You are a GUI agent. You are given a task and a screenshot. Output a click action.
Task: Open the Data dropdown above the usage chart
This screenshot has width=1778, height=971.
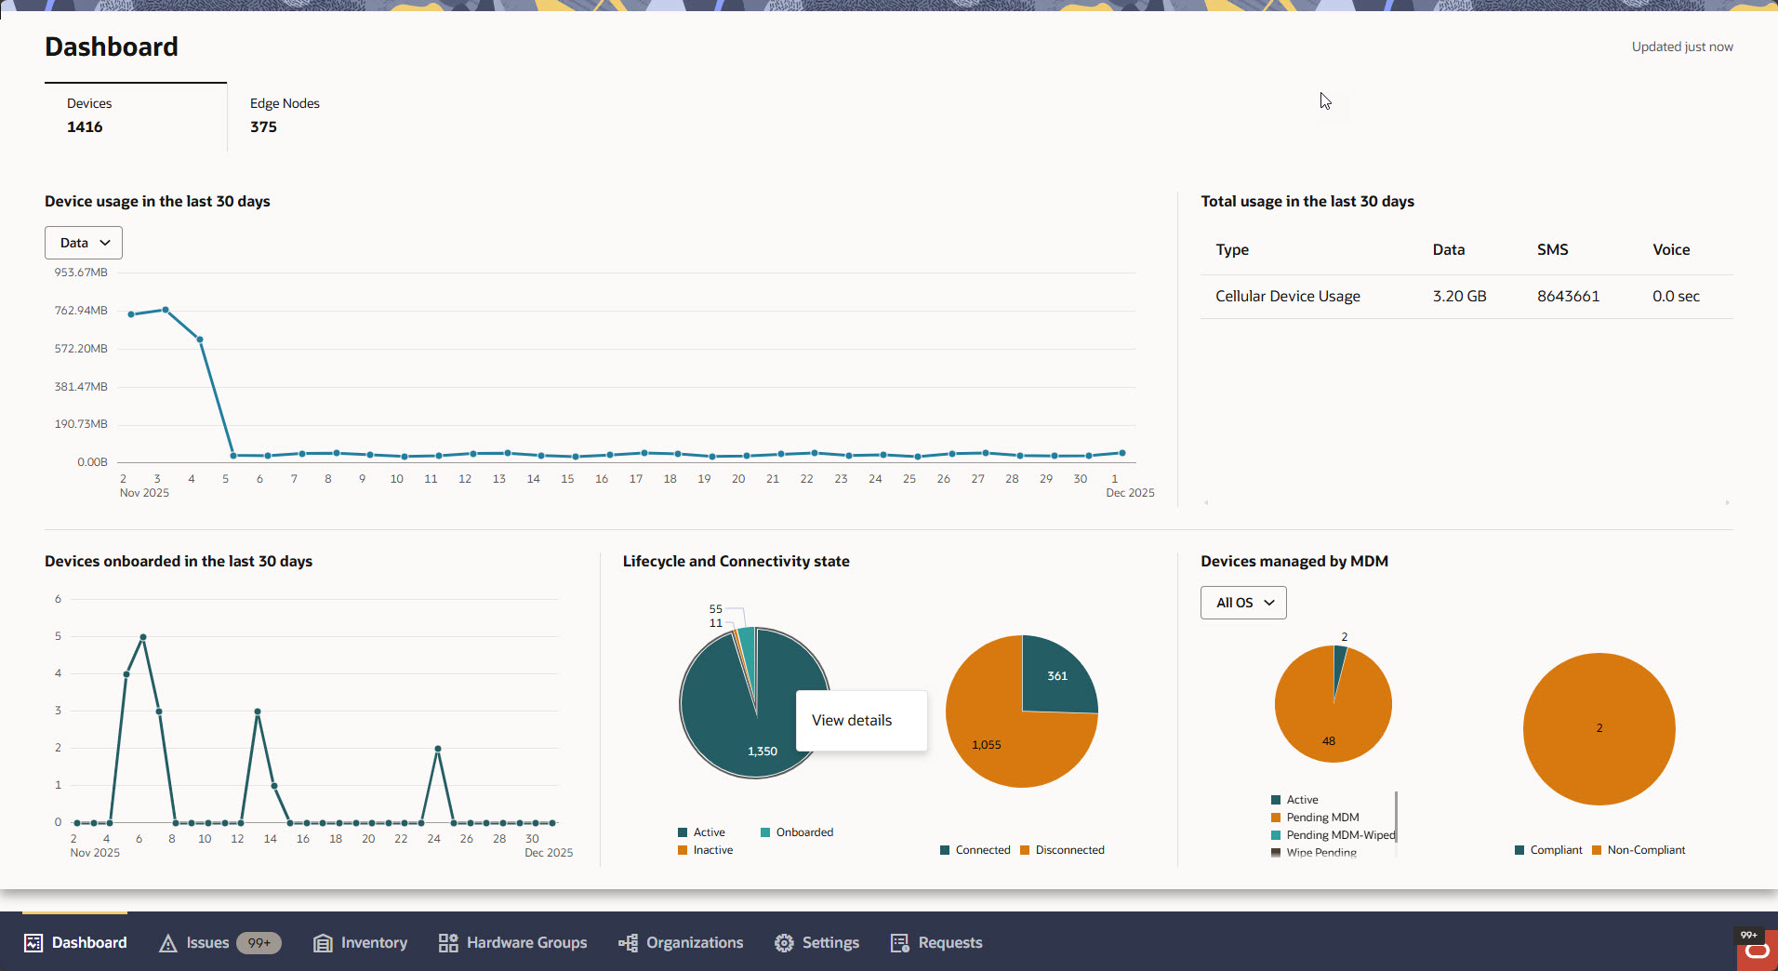coord(84,243)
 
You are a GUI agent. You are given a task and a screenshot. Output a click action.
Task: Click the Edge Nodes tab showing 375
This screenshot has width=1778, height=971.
coord(284,115)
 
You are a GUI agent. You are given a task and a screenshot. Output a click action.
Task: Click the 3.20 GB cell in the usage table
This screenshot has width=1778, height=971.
coord(1459,296)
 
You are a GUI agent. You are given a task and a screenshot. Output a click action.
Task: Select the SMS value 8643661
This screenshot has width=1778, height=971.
coord(1568,296)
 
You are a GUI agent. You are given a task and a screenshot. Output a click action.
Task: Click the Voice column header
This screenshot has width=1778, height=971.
coord(1670,249)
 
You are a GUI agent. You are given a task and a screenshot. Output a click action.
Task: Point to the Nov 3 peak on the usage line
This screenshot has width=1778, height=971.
coord(166,310)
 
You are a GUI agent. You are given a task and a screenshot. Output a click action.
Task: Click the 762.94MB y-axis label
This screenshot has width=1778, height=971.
coord(81,311)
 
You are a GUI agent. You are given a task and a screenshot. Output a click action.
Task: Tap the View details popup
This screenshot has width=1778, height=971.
coord(852,721)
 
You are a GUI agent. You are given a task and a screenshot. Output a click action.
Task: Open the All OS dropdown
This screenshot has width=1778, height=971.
coord(1243,603)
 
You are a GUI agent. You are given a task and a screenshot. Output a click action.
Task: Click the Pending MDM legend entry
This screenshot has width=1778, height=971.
coord(1321,818)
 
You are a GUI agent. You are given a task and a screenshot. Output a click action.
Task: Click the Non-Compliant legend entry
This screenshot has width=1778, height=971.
coord(1645,850)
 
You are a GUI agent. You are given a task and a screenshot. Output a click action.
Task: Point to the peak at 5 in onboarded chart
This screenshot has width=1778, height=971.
coord(142,637)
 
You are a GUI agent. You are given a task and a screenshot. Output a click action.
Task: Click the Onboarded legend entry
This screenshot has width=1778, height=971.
coord(803,832)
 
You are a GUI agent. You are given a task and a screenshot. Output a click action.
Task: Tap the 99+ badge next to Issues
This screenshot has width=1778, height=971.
coord(259,943)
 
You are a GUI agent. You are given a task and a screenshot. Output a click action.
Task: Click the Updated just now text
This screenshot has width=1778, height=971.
coord(1681,47)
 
